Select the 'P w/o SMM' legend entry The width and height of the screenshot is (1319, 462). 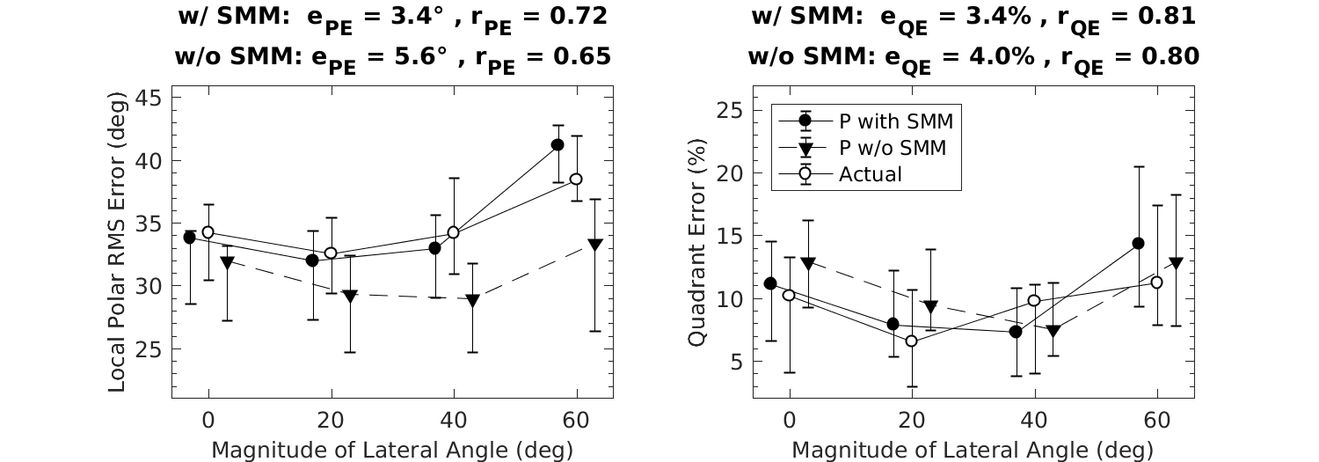pos(892,147)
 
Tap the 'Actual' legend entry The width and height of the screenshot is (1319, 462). pos(871,174)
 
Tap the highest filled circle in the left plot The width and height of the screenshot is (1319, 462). pos(557,144)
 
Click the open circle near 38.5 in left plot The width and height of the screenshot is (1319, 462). pos(576,179)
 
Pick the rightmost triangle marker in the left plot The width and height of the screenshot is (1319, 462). pos(595,245)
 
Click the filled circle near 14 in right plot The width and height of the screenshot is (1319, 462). pos(1138,243)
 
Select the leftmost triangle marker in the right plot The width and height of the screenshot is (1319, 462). pos(808,263)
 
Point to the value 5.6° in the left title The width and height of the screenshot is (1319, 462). pos(416,57)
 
